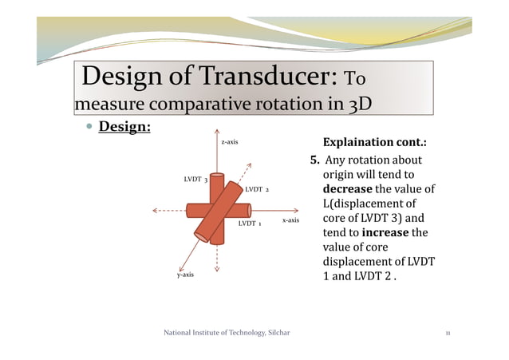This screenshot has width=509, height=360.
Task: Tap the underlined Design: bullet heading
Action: coord(124,127)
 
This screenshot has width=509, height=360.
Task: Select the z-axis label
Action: coord(229,142)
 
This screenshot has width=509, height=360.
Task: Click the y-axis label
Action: coord(185,275)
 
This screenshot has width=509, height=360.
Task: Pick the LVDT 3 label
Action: coord(195,179)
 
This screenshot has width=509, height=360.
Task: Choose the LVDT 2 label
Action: coord(257,190)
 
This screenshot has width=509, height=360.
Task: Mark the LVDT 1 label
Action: coord(251,224)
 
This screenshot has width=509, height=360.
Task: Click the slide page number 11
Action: coord(448,333)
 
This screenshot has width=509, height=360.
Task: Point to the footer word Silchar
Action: coord(276,333)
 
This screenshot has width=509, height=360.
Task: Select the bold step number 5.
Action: coord(314,160)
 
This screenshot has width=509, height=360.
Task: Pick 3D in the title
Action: coord(360,105)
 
